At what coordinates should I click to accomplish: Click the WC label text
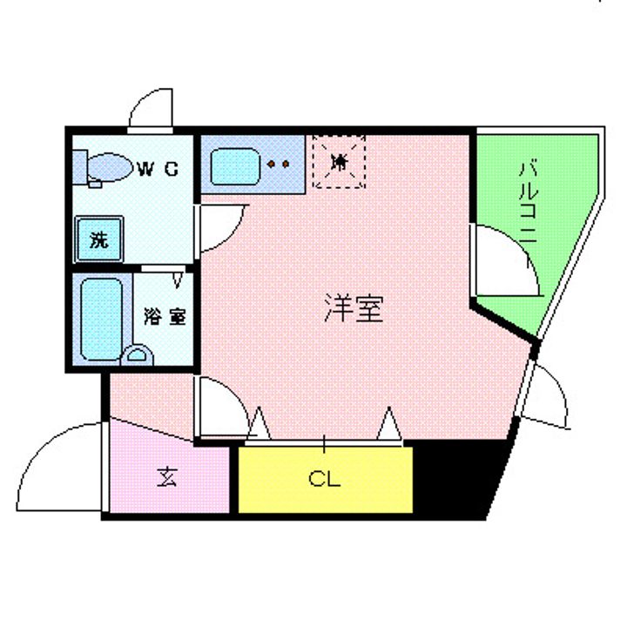(x=158, y=169)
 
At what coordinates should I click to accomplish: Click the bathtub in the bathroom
(x=101, y=318)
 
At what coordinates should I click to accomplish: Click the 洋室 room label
(x=354, y=308)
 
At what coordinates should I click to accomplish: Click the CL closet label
(x=324, y=480)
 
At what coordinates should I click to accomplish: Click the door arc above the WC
(x=152, y=109)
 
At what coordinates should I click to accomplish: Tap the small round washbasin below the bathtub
(x=137, y=355)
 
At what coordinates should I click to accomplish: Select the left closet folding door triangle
(x=259, y=423)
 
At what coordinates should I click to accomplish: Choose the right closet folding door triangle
(x=388, y=423)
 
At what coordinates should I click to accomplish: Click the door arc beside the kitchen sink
(x=223, y=228)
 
